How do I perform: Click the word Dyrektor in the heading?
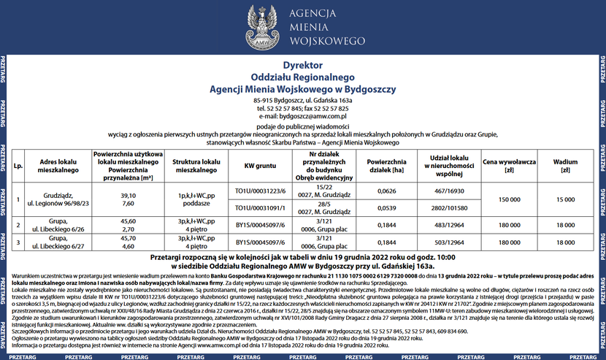(302, 65)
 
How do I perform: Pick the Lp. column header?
(18, 165)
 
